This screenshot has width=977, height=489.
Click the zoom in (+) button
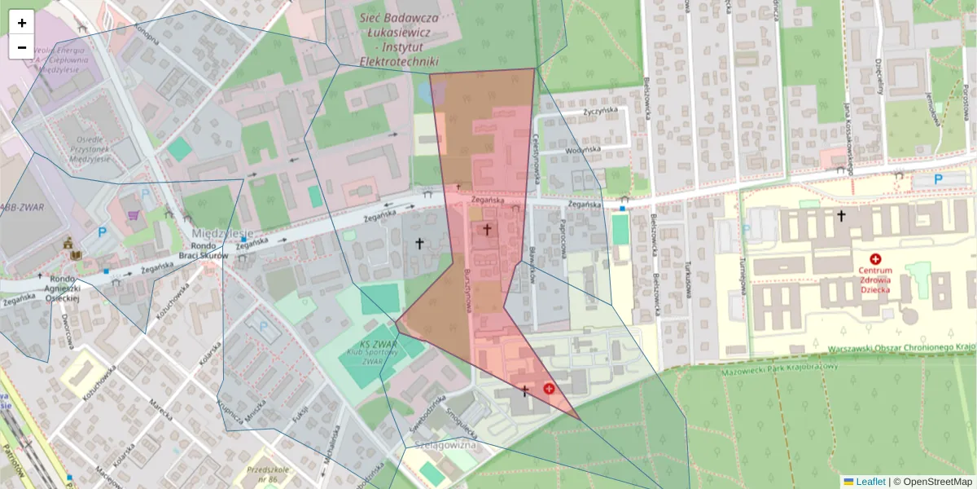22,23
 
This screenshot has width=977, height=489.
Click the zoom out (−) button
22,47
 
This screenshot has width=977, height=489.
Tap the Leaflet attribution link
870,482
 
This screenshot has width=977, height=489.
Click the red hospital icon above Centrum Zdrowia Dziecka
875,258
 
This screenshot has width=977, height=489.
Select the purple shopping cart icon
132,215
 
